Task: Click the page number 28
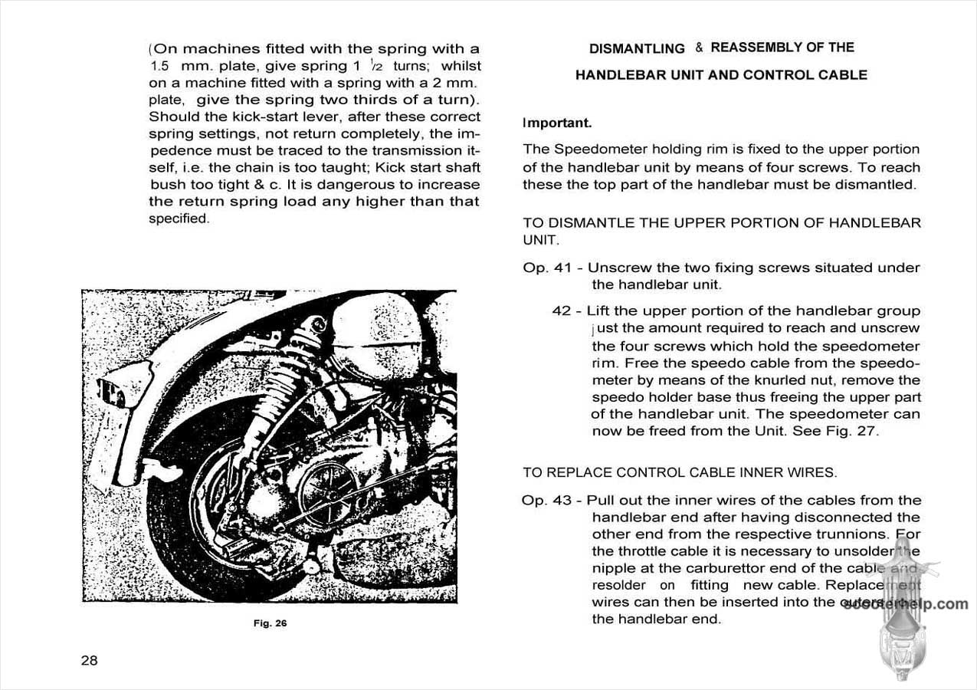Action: click(90, 660)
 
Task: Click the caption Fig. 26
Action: click(270, 623)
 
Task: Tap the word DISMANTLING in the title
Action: click(637, 48)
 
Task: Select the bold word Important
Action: click(557, 123)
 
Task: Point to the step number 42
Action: click(562, 311)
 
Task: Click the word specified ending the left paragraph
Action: click(179, 219)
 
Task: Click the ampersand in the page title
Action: click(699, 48)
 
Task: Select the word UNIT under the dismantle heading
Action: click(540, 240)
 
